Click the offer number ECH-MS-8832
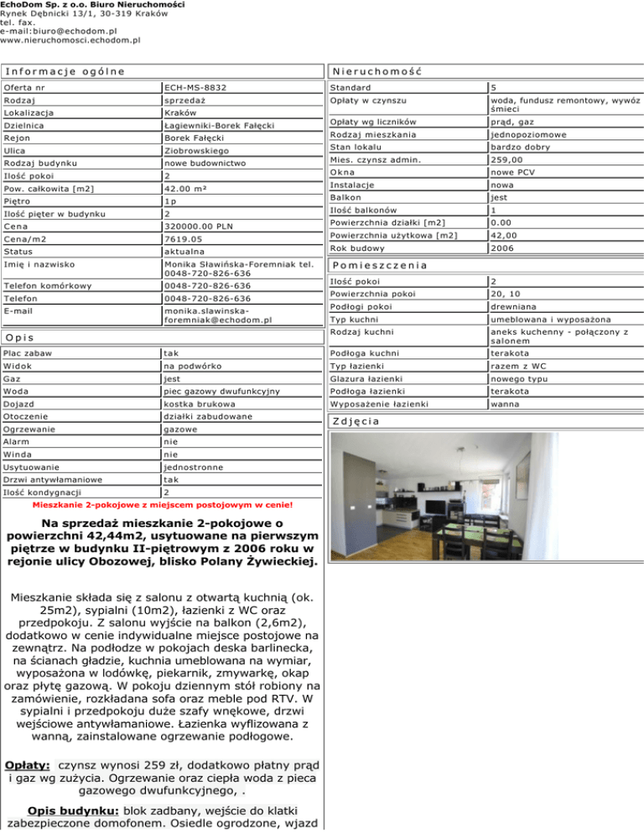[195, 87]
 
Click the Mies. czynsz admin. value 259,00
[507, 159]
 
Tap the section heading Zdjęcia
[357, 420]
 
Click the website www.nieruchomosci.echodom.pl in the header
[70, 39]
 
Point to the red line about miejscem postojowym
[162, 506]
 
